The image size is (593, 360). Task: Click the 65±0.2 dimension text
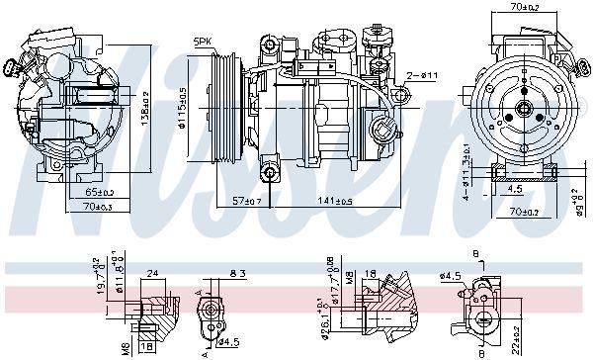click(98, 190)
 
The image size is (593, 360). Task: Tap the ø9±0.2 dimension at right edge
click(580, 207)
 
